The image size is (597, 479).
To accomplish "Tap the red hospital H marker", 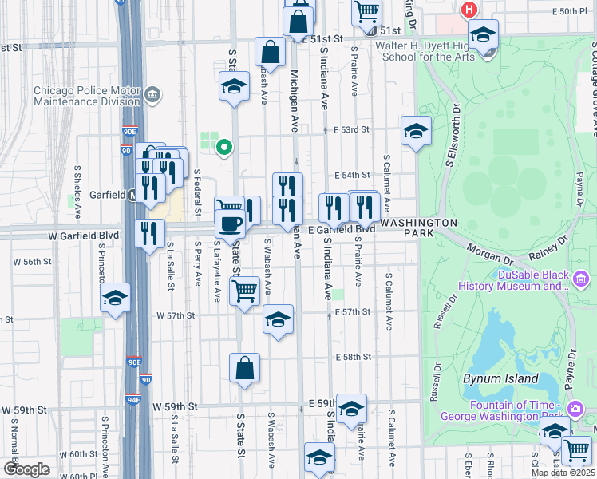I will [x=469, y=9].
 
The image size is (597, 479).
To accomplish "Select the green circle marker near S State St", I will [x=225, y=147].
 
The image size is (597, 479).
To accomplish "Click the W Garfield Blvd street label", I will [x=83, y=236].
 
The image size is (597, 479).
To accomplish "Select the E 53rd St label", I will [x=352, y=129].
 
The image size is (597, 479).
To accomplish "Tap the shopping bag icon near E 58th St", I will [x=244, y=369].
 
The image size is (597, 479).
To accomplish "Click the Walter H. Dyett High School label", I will [x=429, y=53].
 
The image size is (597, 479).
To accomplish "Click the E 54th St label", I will [x=352, y=175].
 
